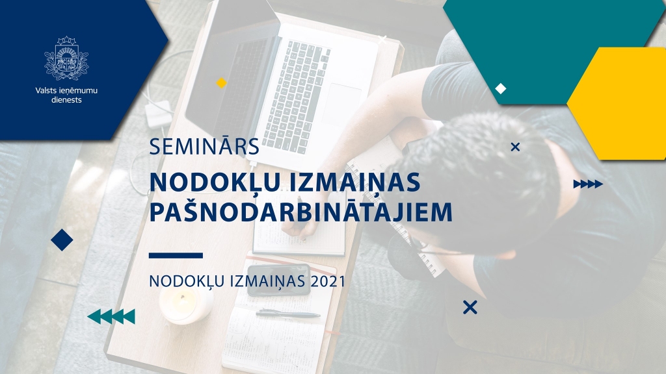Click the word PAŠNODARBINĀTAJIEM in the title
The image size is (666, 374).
300,213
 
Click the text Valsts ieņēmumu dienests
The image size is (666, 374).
66,95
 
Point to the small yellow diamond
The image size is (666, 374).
221,82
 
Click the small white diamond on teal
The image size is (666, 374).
500,89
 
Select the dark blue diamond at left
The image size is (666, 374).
62,240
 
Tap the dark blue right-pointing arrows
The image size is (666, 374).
588,184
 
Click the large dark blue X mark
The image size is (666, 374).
470,307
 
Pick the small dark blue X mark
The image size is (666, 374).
515,147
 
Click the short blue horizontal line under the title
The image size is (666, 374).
176,255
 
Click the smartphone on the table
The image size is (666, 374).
278,279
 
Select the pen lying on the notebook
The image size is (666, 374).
287,314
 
